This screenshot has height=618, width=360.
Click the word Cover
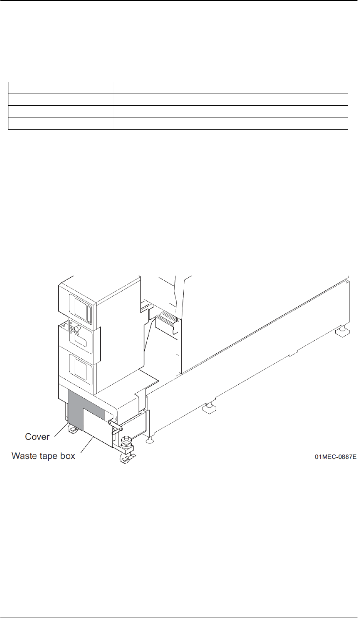(x=37, y=437)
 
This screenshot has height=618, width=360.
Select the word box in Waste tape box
(x=68, y=456)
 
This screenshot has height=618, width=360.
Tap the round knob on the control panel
(x=77, y=328)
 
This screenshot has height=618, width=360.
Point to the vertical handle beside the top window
(x=89, y=308)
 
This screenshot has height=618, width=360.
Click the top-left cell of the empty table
(x=61, y=88)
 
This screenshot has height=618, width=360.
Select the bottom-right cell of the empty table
(x=231, y=123)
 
